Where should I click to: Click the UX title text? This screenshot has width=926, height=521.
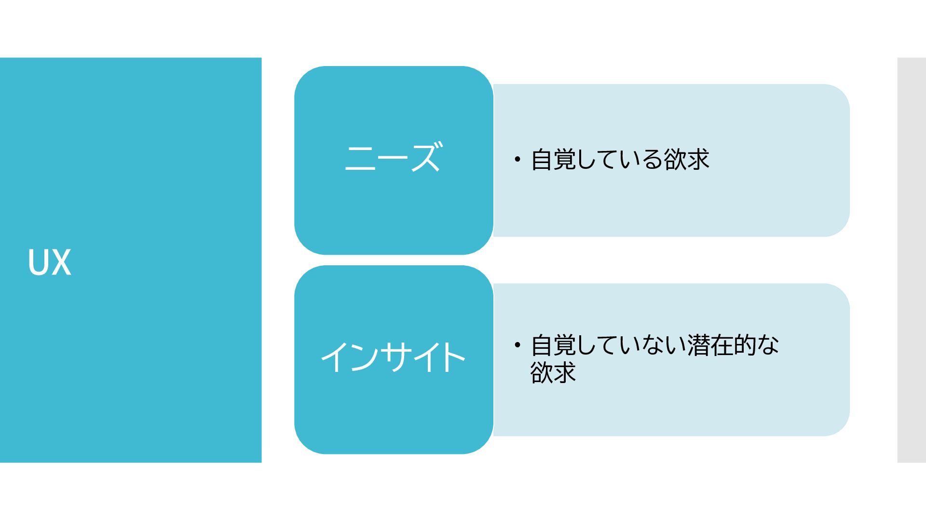50,262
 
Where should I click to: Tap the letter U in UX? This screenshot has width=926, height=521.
38,262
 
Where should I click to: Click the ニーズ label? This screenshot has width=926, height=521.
393,157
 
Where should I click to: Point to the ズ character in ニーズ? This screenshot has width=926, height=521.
425,157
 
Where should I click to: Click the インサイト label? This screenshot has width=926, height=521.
393,357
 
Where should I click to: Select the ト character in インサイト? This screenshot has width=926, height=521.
450,357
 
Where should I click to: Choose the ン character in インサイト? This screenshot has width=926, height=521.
364,357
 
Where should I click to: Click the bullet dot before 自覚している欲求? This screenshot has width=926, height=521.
517,159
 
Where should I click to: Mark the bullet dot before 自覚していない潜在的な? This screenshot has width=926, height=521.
517,345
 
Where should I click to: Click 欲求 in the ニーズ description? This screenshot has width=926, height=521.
686,160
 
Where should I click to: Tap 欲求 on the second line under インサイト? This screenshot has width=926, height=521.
553,372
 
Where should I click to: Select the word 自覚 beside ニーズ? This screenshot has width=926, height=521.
553,160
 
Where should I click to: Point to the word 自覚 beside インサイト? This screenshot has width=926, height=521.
553,345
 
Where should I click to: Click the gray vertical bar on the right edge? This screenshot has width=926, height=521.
912,260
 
